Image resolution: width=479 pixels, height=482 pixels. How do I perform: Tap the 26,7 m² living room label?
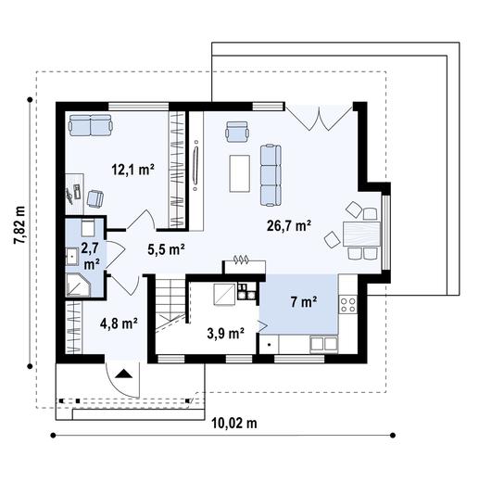288,224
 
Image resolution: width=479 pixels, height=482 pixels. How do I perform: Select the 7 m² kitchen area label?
303,301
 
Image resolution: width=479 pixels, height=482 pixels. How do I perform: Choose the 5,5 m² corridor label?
166,248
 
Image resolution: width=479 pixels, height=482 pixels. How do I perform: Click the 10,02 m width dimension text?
234,424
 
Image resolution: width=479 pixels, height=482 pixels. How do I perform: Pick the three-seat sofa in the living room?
270,173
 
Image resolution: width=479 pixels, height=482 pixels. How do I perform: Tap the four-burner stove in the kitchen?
349,302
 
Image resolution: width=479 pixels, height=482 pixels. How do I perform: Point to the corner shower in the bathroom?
77,285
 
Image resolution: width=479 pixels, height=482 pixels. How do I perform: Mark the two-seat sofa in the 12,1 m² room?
89,124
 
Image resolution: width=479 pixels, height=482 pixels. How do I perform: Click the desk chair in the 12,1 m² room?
95,197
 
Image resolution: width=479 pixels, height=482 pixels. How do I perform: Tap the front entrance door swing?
123,374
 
